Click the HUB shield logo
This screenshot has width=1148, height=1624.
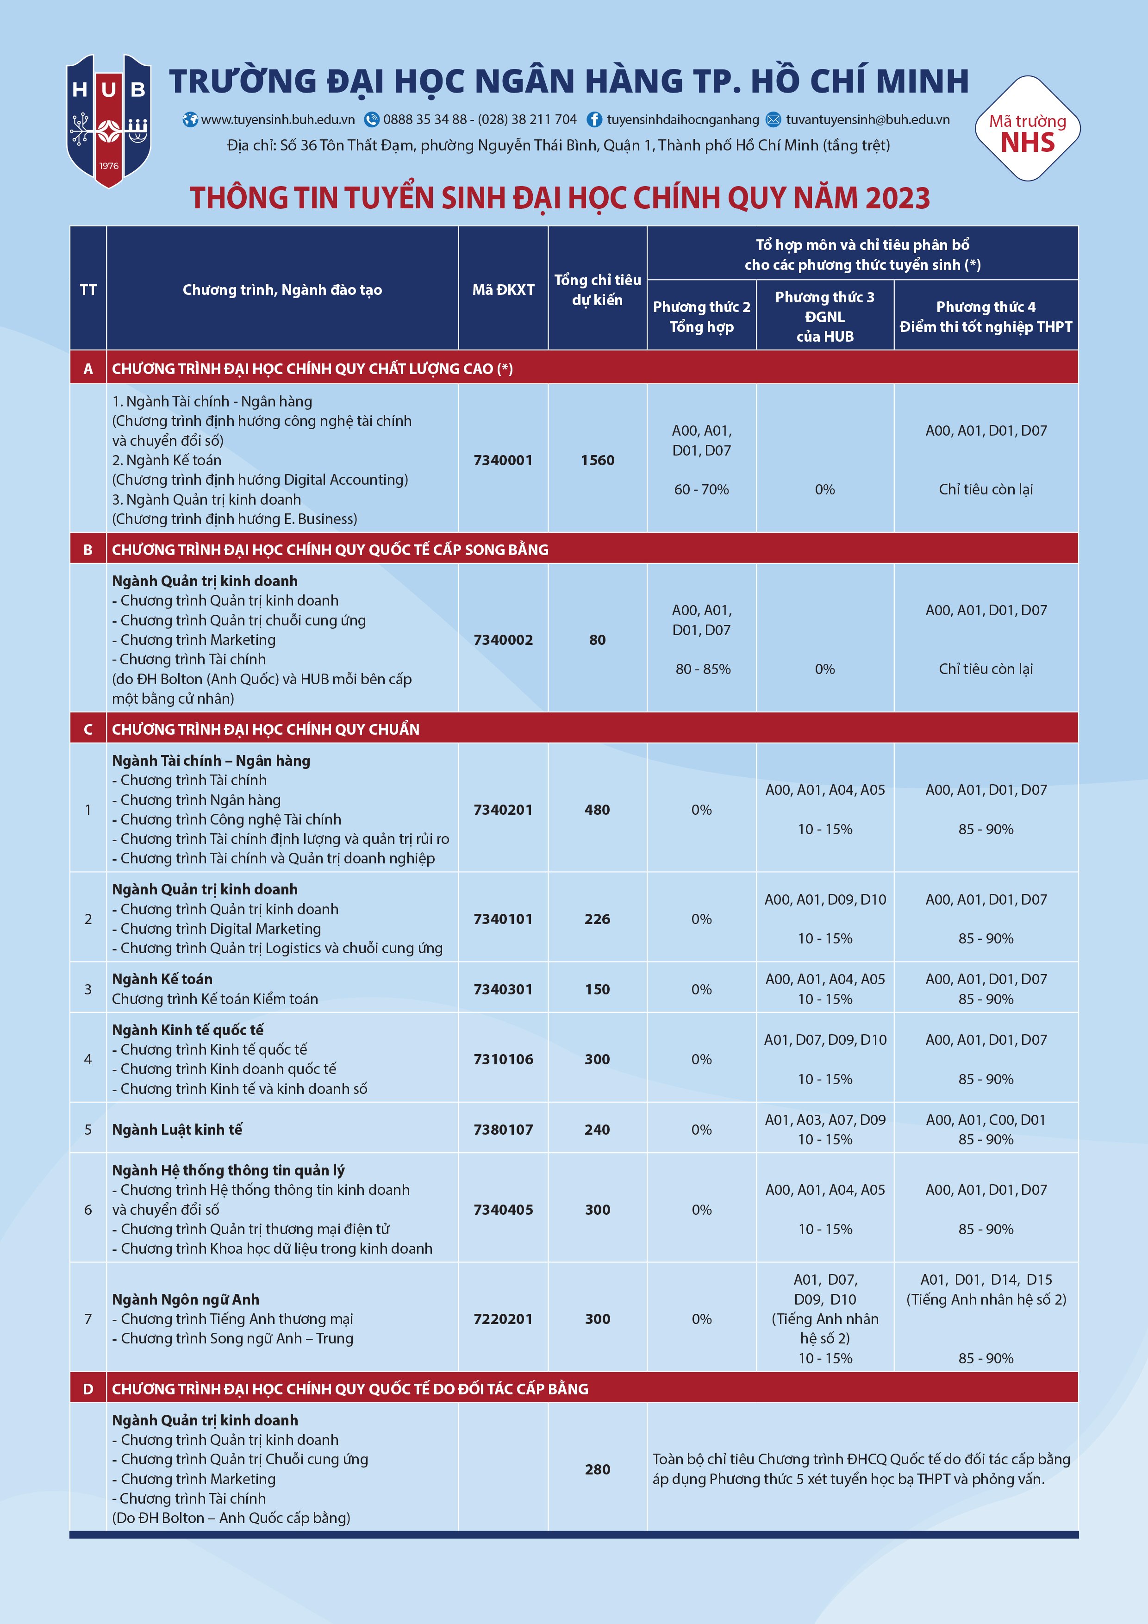pos(108,120)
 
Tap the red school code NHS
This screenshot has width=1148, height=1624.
pos(1027,143)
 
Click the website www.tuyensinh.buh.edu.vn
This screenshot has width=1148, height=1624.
pos(277,119)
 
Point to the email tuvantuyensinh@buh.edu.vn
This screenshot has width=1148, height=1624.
pos(867,119)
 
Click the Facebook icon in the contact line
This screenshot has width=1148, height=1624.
pos(594,119)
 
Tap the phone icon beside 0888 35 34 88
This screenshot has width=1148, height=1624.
pos(371,119)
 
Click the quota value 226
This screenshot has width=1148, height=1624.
pos(597,919)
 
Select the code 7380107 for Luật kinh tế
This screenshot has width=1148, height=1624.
pos(503,1130)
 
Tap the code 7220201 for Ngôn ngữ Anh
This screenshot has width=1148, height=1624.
pos(503,1318)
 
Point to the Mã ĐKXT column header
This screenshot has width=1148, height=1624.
pos(503,289)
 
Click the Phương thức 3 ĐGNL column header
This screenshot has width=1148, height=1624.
pos(825,316)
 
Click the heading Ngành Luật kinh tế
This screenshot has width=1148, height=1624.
pos(177,1130)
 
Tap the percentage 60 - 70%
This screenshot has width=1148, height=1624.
pos(701,489)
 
